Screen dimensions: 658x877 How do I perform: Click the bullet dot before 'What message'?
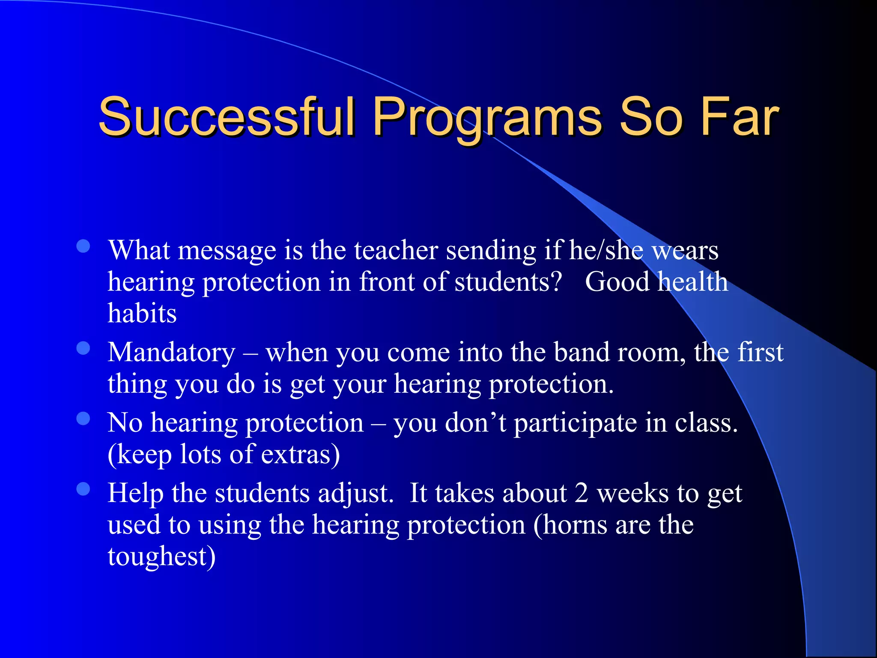83,246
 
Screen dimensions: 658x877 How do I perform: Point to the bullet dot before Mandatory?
83,348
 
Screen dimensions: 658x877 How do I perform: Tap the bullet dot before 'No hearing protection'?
83,419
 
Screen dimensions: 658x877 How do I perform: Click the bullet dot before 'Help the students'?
83,489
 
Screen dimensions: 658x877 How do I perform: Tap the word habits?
142,313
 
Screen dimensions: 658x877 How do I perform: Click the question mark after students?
556,282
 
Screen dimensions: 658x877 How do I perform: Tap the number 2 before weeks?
581,493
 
